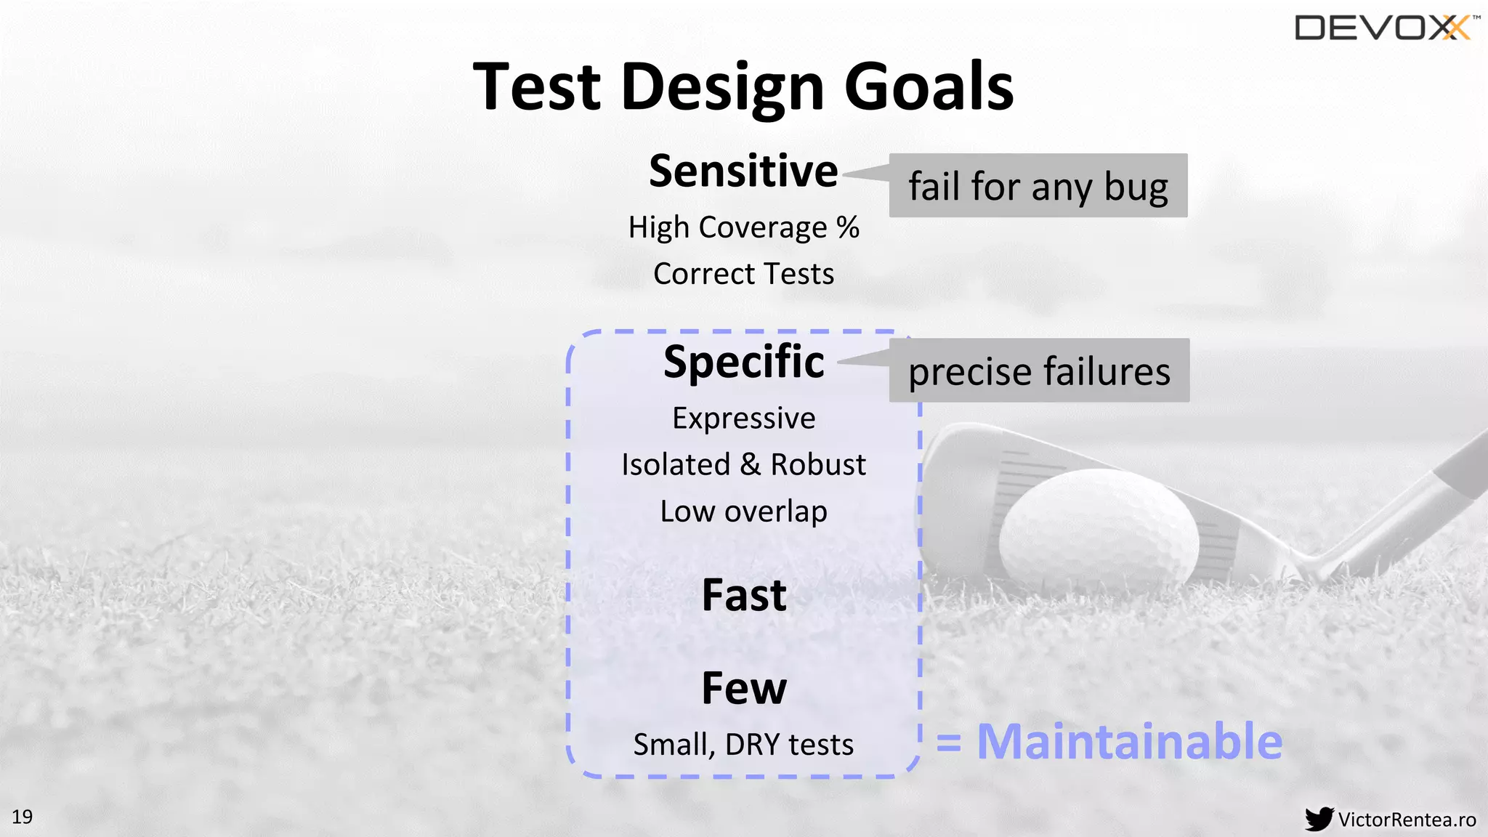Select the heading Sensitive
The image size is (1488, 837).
[x=743, y=171]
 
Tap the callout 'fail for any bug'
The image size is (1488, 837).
[x=1038, y=186]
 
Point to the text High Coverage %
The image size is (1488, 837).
[x=743, y=228]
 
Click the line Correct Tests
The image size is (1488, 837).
[x=743, y=275]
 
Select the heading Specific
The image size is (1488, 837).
[x=743, y=362]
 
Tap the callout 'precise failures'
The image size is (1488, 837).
[x=1039, y=371]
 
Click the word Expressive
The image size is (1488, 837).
[x=743, y=418]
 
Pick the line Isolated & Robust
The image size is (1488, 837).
[x=743, y=465]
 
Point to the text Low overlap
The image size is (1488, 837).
[x=743, y=511]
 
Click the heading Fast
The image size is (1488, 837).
[x=743, y=595]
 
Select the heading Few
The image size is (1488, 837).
[x=743, y=688]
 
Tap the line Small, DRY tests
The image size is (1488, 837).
[x=743, y=745]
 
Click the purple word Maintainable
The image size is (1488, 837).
[x=1129, y=742]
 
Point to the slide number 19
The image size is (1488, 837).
[x=23, y=817]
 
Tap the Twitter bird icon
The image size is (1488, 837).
[x=1318, y=819]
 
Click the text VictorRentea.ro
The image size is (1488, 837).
[x=1407, y=820]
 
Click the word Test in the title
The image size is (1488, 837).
[x=538, y=87]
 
